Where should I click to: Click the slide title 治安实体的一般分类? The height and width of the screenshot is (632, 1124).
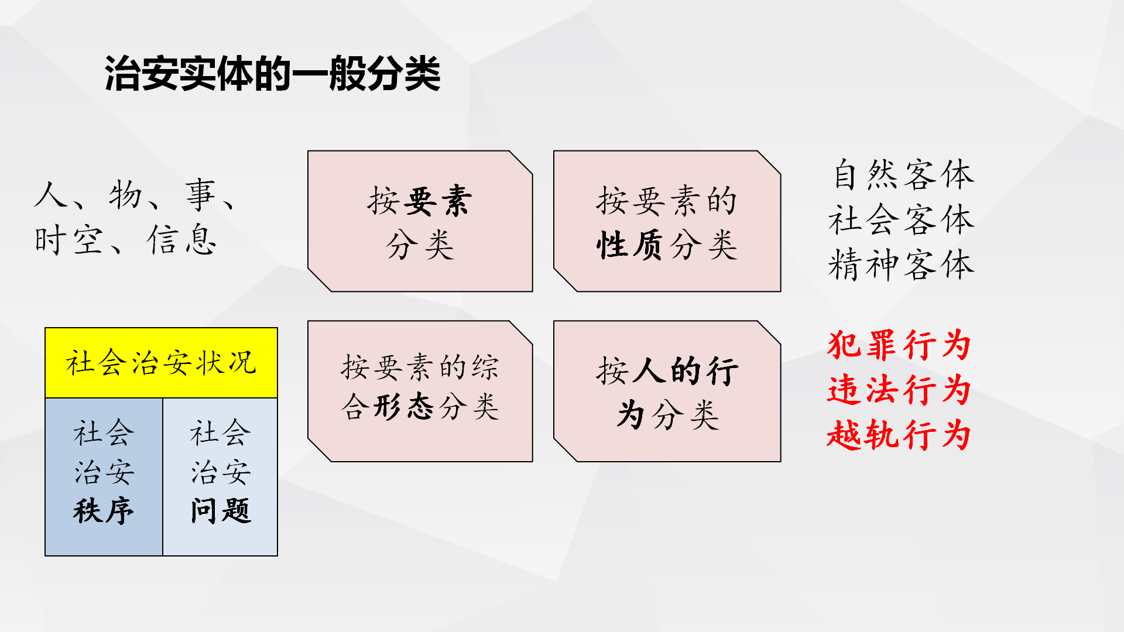272,74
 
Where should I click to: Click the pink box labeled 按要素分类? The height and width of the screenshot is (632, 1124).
420,221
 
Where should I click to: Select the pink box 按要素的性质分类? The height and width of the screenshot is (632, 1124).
667,221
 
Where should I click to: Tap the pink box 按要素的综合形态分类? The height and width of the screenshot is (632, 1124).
420,391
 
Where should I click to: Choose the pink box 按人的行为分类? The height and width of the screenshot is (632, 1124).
667,391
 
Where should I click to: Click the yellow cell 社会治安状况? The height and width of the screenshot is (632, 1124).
161,363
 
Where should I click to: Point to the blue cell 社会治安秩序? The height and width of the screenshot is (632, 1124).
104,477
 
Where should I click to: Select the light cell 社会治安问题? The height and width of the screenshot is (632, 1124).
220,477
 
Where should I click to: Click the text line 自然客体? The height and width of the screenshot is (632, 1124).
903,174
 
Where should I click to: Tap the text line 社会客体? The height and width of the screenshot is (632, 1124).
902,219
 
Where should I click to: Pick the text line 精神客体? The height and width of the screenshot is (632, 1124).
902,265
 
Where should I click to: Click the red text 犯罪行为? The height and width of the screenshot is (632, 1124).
899,345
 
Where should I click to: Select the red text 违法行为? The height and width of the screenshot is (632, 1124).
899,390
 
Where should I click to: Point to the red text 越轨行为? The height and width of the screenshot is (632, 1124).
899,435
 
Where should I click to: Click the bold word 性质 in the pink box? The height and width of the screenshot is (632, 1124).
630,244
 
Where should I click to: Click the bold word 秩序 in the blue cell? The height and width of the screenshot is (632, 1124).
104,511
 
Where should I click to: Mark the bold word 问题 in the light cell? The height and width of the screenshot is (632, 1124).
221,511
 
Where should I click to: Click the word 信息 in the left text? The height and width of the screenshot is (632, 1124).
182,240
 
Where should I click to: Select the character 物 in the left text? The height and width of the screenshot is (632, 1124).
125,195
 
